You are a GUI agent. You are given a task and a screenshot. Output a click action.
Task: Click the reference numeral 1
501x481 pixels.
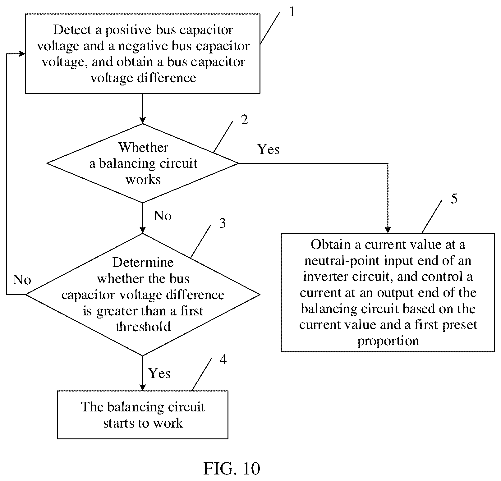[x=292, y=12]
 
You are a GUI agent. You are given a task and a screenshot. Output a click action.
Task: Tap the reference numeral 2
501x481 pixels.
[x=245, y=120]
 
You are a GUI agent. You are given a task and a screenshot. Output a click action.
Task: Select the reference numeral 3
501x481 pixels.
[x=222, y=223]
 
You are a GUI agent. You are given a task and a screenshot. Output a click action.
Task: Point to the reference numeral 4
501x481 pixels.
[x=223, y=360]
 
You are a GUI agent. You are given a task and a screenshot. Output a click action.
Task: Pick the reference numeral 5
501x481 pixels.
[x=454, y=199]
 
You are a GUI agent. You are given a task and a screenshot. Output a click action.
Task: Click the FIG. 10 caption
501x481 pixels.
[x=232, y=468]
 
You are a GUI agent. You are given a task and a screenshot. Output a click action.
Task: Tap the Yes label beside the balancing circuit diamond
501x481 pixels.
[x=269, y=149]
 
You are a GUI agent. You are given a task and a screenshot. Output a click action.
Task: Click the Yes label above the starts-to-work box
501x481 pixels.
[x=159, y=373]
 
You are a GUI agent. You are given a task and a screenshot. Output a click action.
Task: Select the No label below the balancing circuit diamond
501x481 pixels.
[x=163, y=216]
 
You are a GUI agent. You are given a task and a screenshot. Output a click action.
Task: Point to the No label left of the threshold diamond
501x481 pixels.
[x=22, y=280]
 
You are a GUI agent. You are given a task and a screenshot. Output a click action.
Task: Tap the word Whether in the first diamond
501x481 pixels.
[x=143, y=147]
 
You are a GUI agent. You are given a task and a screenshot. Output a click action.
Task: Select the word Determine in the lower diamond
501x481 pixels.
[x=143, y=263]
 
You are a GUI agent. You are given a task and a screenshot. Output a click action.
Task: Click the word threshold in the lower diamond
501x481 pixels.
[x=143, y=327]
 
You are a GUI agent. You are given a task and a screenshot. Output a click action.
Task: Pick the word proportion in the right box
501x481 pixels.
[x=388, y=341]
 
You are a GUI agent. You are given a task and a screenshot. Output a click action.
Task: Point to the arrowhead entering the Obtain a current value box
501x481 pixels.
[x=388, y=230]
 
